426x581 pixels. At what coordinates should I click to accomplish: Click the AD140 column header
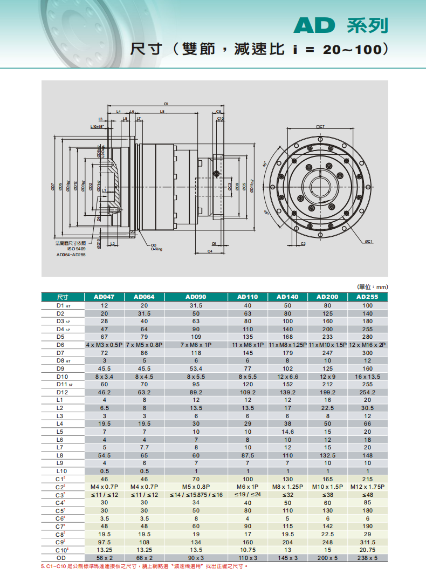tap(287, 297)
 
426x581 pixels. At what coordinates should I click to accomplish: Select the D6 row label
tap(60, 344)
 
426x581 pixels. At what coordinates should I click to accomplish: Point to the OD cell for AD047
tap(104, 558)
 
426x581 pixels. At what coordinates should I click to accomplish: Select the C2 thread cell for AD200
tap(327, 487)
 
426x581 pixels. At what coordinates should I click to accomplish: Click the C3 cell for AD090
tap(196, 495)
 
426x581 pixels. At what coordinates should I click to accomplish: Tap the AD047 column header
tap(104, 297)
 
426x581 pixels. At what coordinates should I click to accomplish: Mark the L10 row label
tap(60, 471)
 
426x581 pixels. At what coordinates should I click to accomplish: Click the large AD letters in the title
tap(315, 25)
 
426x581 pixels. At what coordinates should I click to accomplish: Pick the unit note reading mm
tap(373, 287)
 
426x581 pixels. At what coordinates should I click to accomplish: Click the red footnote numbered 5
tap(145, 566)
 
